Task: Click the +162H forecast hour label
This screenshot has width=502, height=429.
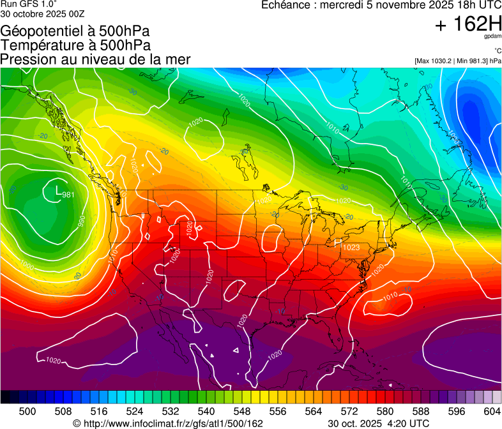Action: point(468,24)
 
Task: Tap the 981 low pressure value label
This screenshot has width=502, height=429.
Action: point(68,195)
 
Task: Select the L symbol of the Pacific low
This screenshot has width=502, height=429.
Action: point(59,190)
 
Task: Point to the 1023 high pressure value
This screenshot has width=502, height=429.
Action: point(351,247)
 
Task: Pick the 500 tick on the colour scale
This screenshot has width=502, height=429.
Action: point(27,410)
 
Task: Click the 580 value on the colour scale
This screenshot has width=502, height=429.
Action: point(385,410)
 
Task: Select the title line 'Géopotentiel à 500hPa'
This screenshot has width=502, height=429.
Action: point(75,31)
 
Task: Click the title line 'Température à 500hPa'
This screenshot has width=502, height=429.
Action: point(75,45)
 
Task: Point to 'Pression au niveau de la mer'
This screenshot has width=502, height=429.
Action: point(96,59)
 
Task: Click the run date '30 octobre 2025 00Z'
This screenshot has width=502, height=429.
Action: point(42,13)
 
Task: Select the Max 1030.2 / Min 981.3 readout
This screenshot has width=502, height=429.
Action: point(457,61)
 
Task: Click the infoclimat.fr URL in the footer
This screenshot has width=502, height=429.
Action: point(173,423)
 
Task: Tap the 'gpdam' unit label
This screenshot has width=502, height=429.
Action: point(492,36)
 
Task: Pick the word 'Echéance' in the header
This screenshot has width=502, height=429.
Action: point(284,5)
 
